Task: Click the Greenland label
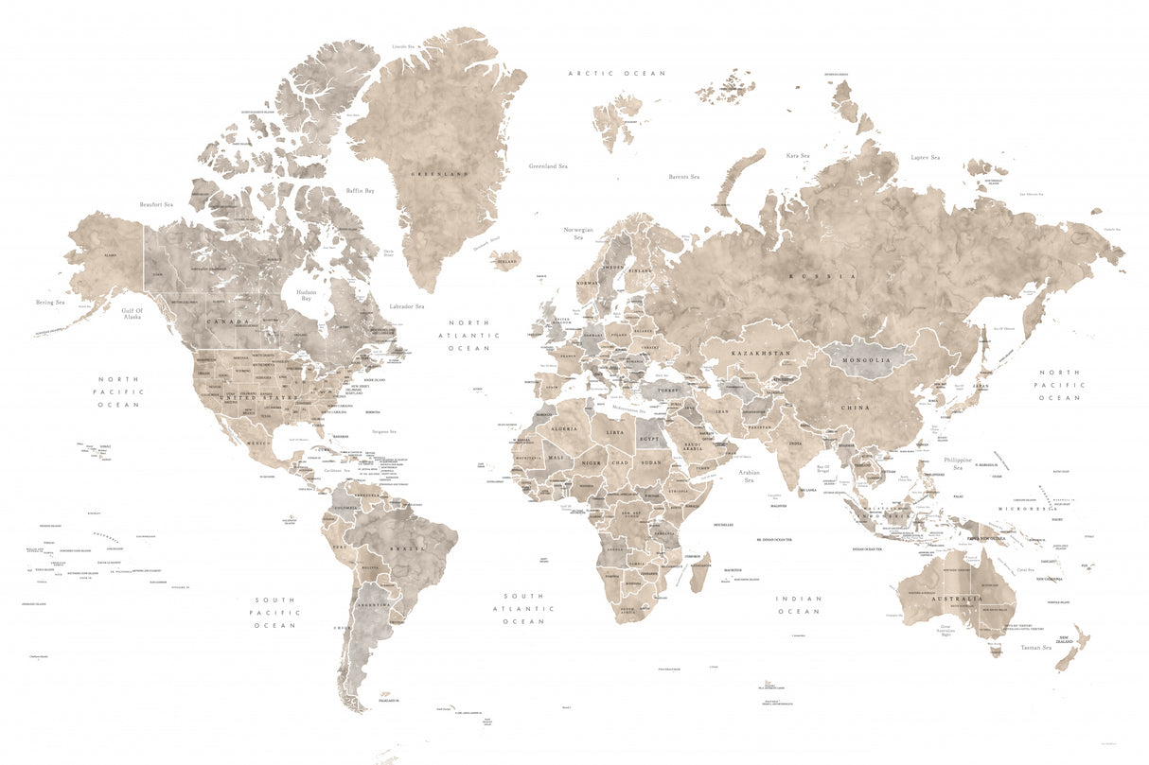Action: click(x=440, y=174)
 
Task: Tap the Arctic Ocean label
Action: click(x=616, y=73)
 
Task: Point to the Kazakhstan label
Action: click(x=760, y=353)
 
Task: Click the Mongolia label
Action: click(x=867, y=360)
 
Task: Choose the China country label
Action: click(x=855, y=408)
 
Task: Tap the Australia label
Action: click(x=955, y=600)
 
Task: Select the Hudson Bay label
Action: click(x=307, y=295)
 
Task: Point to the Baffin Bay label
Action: click(x=360, y=191)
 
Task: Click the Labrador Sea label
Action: click(x=407, y=306)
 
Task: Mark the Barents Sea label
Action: click(x=683, y=177)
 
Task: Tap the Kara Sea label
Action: click(x=798, y=156)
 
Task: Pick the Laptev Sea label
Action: click(x=925, y=158)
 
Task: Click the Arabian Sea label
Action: click(x=749, y=476)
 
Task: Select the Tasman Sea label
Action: click(x=1035, y=648)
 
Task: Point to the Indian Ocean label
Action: click(x=799, y=605)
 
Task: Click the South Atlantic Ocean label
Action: click(x=523, y=608)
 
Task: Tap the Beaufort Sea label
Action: click(x=156, y=204)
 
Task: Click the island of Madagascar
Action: click(x=698, y=571)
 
